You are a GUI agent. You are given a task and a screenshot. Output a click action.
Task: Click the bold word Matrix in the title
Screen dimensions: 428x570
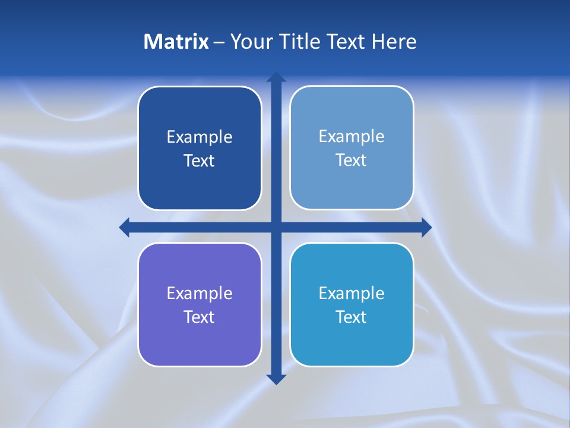tap(176, 42)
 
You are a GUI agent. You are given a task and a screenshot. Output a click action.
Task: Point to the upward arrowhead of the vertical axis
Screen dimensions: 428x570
tap(276, 77)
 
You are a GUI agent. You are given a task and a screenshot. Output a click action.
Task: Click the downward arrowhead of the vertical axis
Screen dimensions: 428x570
tap(276, 379)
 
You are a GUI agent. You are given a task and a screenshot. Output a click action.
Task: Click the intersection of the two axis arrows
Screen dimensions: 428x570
tap(276, 227)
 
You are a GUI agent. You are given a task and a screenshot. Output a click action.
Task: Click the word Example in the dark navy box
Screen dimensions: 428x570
tap(199, 137)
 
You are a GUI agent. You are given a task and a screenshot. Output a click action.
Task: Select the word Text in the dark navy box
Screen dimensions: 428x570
tap(199, 160)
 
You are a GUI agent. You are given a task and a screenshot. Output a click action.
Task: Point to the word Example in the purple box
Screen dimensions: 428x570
tap(199, 293)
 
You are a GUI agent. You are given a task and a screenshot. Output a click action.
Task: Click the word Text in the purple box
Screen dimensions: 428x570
tap(199, 317)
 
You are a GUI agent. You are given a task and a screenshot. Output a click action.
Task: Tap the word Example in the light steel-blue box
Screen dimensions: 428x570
tap(351, 137)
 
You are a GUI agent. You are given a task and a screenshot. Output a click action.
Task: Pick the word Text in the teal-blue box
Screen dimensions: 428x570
tap(351, 317)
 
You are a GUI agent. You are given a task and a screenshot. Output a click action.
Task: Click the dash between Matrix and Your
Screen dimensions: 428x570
tap(219, 42)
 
